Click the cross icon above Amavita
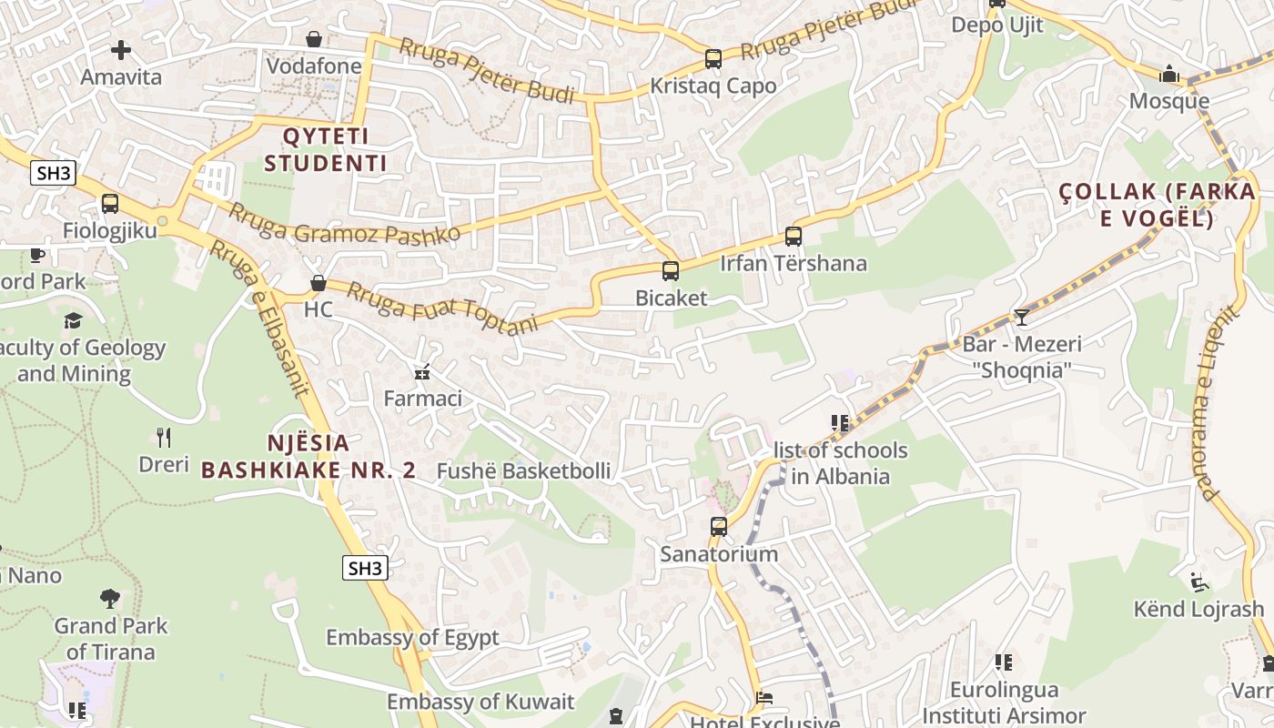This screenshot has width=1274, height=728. tap(121, 50)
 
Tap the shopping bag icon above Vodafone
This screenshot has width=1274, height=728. tap(314, 39)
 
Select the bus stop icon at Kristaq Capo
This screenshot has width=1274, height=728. tap(713, 59)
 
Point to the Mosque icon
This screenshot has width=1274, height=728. tap(1169, 75)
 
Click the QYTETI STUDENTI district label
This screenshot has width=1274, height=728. tap(334, 150)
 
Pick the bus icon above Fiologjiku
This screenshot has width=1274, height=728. tap(110, 204)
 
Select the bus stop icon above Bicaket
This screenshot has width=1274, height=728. tap(671, 271)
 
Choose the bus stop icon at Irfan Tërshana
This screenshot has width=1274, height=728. tap(794, 237)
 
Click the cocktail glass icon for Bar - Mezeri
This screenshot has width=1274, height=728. tap(1022, 318)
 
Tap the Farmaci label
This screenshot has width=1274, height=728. tap(423, 399)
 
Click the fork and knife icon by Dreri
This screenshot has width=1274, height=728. tap(164, 438)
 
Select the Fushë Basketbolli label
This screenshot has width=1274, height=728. tap(524, 471)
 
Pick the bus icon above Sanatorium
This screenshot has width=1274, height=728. tap(719, 527)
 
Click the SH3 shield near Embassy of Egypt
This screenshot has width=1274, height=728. tap(366, 569)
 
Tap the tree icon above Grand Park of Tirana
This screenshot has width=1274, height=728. tap(110, 599)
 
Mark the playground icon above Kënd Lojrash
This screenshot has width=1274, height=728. tap(1199, 582)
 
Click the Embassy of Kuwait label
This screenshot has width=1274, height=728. tap(480, 702)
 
